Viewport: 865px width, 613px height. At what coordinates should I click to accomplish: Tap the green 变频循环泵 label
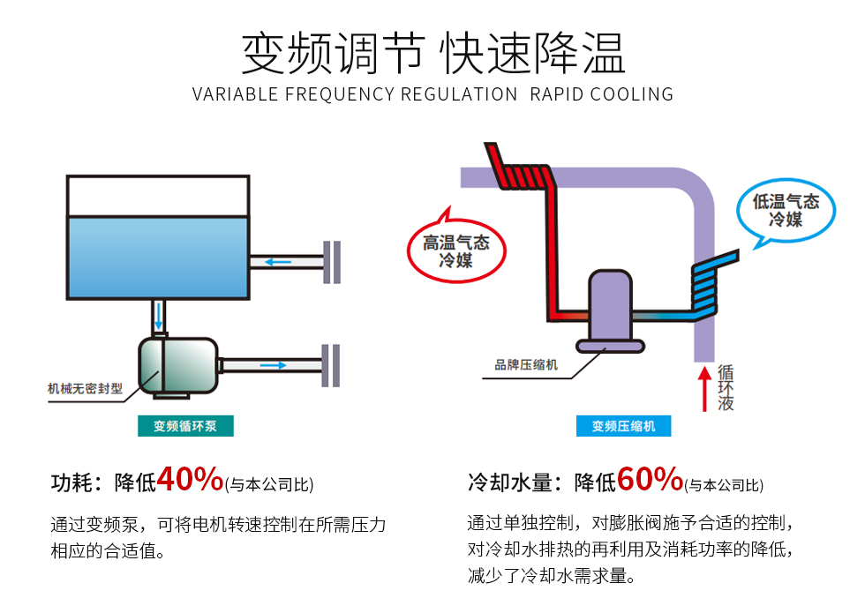pyautogui.click(x=185, y=425)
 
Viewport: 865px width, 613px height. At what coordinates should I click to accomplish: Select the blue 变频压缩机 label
pyautogui.click(x=623, y=425)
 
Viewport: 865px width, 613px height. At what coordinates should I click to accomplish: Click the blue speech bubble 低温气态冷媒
pyautogui.click(x=786, y=211)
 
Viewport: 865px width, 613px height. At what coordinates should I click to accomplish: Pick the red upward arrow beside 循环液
pyautogui.click(x=704, y=389)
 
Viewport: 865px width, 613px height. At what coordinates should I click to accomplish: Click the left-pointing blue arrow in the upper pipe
pyautogui.click(x=278, y=262)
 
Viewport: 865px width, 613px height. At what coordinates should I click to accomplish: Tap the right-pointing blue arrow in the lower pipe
pyautogui.click(x=273, y=365)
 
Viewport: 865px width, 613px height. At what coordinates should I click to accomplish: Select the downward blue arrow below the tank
pyautogui.click(x=159, y=316)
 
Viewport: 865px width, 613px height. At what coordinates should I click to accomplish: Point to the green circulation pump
pyautogui.click(x=177, y=366)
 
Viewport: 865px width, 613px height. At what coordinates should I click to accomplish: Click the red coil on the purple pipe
pyautogui.click(x=519, y=171)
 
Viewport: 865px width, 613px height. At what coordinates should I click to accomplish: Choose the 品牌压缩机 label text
pyautogui.click(x=526, y=365)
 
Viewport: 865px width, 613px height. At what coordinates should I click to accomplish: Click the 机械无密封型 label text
pyautogui.click(x=85, y=389)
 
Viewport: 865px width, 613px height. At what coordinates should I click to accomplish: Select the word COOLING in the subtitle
pyautogui.click(x=632, y=94)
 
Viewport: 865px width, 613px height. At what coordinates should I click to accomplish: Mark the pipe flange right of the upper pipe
pyautogui.click(x=332, y=263)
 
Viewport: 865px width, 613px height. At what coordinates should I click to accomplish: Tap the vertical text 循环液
pyautogui.click(x=726, y=387)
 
